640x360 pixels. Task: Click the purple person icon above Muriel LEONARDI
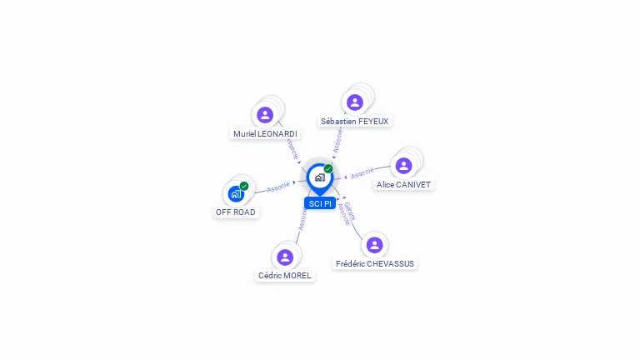[x=265, y=115]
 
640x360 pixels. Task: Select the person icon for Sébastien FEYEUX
[x=355, y=102]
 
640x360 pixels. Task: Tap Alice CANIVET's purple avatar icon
[x=404, y=166]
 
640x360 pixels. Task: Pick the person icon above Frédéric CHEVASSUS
[x=374, y=245]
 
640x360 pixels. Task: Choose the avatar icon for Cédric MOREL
[x=285, y=257]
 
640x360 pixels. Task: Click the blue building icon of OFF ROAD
[x=236, y=194]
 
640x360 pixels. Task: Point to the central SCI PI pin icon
[x=319, y=177]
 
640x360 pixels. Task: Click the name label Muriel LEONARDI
[x=265, y=133]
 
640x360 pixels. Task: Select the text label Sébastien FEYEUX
[x=355, y=121]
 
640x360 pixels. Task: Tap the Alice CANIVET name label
[x=404, y=184]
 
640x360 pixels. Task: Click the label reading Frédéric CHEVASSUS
[x=374, y=263]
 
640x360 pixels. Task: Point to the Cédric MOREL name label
[x=285, y=275]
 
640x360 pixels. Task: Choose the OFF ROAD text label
[x=236, y=212]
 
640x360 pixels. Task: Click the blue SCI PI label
[x=319, y=203]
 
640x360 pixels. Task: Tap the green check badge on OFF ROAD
[x=244, y=186]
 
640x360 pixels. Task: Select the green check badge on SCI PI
[x=328, y=168]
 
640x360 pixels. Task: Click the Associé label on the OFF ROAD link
[x=278, y=187]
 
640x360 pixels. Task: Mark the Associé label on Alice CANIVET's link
[x=362, y=173]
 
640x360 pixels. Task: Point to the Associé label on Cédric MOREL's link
[x=302, y=219]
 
